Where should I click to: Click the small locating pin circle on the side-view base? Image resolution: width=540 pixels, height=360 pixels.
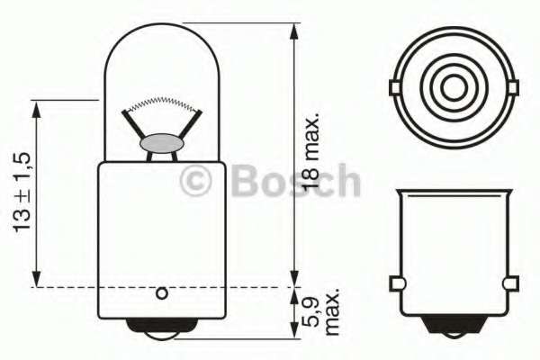162,292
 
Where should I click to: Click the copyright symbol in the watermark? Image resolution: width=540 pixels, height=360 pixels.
196,182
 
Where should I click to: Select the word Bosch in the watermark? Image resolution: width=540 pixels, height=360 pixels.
295,182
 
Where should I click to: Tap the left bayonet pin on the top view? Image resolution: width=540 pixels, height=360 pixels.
394,86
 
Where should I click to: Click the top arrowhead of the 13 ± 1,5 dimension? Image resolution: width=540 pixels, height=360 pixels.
36,107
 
